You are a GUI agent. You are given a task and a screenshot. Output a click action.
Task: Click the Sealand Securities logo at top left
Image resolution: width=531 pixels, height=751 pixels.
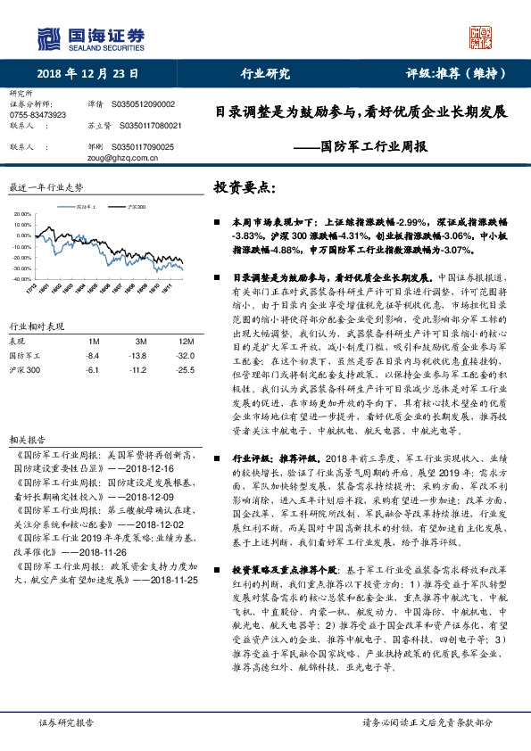point(89,37)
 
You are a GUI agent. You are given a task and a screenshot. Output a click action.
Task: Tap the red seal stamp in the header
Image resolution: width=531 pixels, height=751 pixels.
point(480,37)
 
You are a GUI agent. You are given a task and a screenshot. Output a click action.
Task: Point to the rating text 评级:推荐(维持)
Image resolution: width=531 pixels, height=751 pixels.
point(457,74)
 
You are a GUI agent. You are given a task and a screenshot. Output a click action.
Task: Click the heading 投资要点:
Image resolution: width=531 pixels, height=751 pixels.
point(245,188)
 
